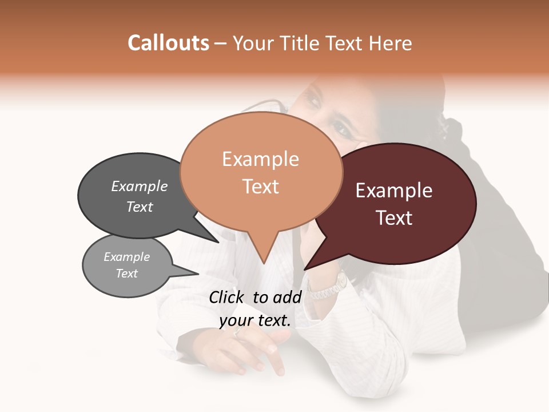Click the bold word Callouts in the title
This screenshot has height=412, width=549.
pyautogui.click(x=168, y=43)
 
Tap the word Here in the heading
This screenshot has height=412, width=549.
pyautogui.click(x=389, y=43)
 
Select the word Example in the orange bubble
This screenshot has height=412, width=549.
pyautogui.click(x=260, y=159)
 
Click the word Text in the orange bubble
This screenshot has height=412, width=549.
pyautogui.click(x=260, y=187)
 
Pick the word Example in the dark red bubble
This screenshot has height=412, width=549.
pyautogui.click(x=394, y=191)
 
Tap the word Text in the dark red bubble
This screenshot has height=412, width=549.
pyautogui.click(x=394, y=218)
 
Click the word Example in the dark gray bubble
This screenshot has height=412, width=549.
pyautogui.click(x=140, y=187)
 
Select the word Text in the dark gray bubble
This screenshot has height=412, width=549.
pyautogui.click(x=140, y=207)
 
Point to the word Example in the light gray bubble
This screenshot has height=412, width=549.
pyautogui.click(x=126, y=257)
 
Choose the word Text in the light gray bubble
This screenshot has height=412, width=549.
pyautogui.click(x=126, y=274)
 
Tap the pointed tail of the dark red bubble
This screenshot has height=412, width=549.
pyautogui.click(x=308, y=267)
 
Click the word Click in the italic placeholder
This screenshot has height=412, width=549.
pyautogui.click(x=228, y=297)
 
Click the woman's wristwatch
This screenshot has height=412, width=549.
pyautogui.click(x=335, y=286)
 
